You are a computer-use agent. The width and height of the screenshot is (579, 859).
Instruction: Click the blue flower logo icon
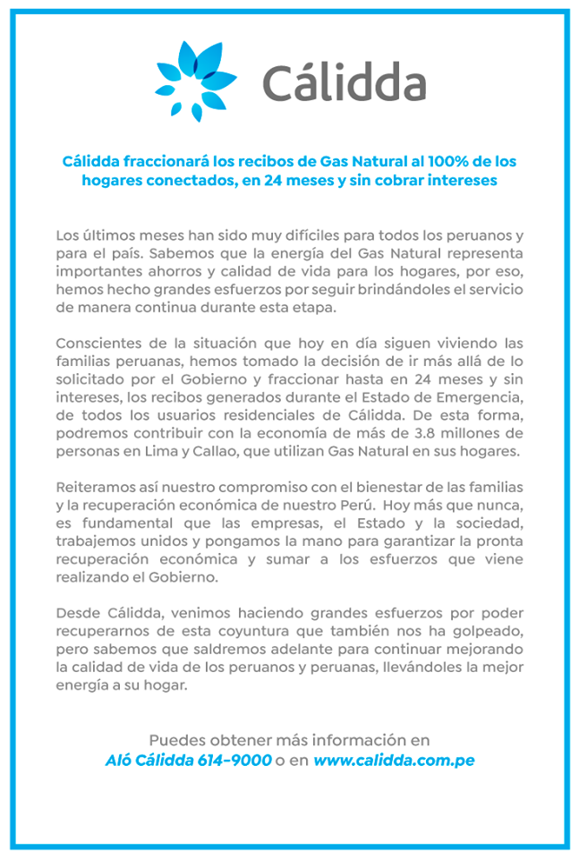(196, 81)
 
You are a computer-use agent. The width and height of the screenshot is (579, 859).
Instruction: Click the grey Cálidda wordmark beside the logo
(344, 82)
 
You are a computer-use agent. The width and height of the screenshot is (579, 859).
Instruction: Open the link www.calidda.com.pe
(394, 761)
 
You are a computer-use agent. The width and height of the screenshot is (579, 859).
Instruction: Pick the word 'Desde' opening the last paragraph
(77, 614)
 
